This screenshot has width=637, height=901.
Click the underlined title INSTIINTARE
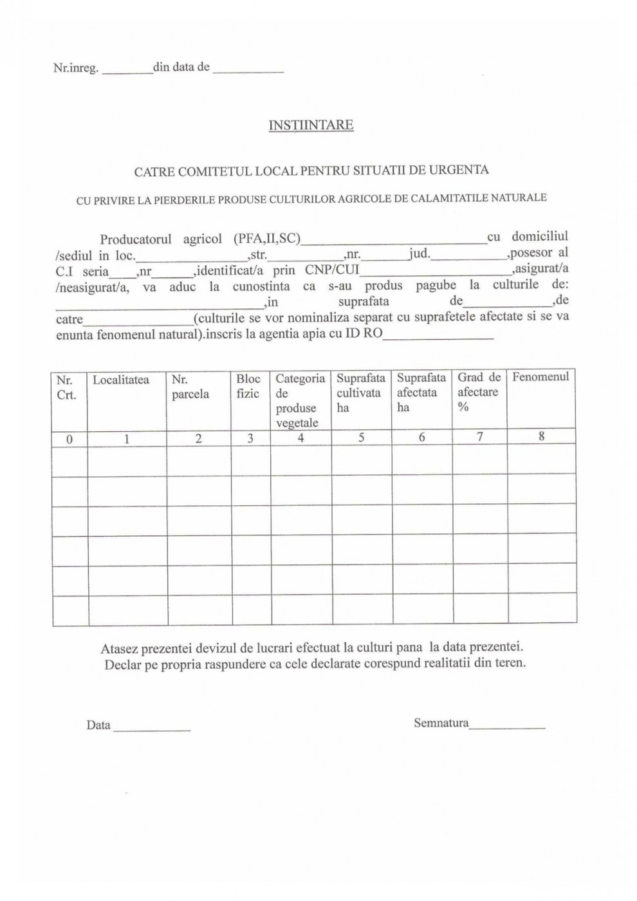311,125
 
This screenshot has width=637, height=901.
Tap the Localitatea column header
121,380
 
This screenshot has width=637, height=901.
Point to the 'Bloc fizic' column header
248,386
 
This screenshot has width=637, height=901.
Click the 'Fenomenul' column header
540,377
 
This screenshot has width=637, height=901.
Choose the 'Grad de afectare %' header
479,391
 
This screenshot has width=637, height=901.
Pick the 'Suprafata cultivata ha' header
360,393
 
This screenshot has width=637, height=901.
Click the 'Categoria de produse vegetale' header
300,400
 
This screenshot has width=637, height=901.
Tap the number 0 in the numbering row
69,439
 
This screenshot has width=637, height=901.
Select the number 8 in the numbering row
542,436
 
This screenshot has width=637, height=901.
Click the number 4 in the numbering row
300,438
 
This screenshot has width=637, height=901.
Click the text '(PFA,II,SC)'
266,239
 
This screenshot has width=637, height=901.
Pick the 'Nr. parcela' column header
190,387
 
